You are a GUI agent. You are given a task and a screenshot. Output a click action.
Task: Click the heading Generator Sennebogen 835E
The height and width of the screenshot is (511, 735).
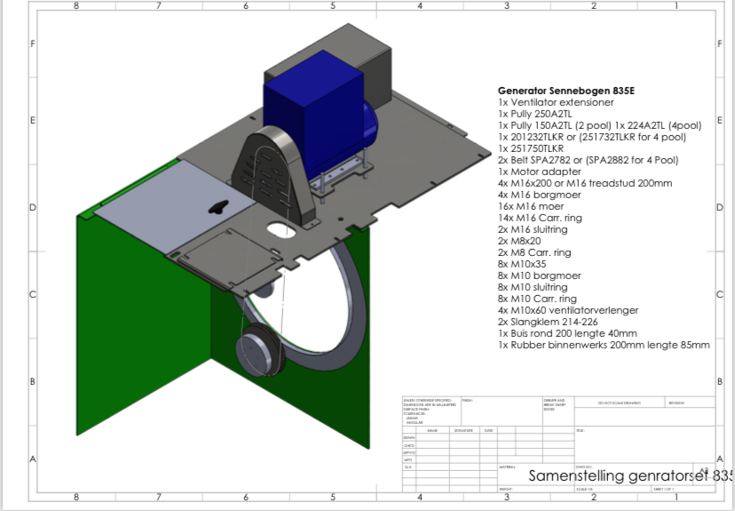565,91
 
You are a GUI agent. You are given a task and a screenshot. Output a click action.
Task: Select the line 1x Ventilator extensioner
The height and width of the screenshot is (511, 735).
556,102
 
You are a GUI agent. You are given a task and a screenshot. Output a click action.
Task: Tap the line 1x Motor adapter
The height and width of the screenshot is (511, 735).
540,172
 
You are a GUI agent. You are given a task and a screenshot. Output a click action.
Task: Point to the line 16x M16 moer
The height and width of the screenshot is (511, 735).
531,206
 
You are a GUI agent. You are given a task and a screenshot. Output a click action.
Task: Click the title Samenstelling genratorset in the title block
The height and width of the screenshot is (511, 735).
629,476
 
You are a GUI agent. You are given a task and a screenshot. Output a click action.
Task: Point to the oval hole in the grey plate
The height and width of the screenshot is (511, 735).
280,232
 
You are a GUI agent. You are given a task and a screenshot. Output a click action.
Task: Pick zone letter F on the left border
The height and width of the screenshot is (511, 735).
33,44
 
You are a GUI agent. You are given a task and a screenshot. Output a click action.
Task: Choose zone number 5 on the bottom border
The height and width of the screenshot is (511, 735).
332,498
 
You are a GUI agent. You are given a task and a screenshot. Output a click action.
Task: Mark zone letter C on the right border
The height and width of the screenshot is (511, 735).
719,294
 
